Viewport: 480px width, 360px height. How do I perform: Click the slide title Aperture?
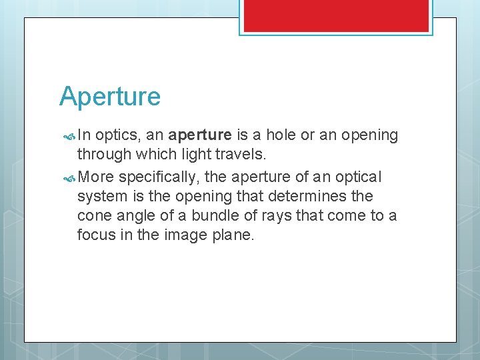coord(110,97)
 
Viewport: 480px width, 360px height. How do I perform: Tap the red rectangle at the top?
coord(336,15)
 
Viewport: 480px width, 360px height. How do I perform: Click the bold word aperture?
coord(200,136)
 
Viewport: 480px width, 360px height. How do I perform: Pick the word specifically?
coord(157,177)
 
